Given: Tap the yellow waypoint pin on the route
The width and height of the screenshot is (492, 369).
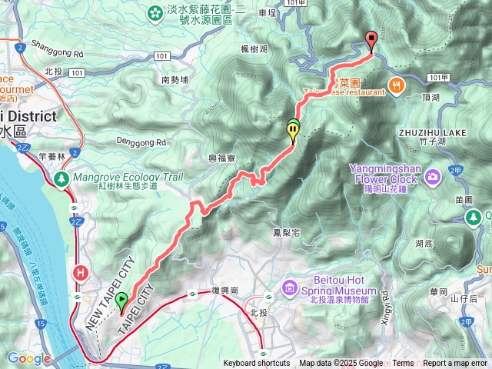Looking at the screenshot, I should pyautogui.click(x=293, y=131).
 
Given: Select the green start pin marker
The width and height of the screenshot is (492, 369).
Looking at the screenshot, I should pyautogui.click(x=121, y=304).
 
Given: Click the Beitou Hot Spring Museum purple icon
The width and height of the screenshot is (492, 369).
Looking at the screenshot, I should pyautogui.click(x=290, y=288).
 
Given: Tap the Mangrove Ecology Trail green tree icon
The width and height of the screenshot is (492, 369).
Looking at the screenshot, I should pyautogui.click(x=61, y=178).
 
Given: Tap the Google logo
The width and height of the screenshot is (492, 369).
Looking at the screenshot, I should pyautogui.click(x=29, y=358).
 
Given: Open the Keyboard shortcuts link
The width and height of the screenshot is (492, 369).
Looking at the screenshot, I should pyautogui.click(x=257, y=364).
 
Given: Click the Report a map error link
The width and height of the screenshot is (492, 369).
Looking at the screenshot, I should pyautogui.click(x=456, y=364).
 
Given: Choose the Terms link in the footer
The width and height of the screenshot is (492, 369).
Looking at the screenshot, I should pyautogui.click(x=403, y=364).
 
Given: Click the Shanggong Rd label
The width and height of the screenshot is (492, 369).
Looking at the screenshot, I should pyautogui.click(x=58, y=55).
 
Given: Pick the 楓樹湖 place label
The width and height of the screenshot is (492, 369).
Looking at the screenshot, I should pyautogui.click(x=253, y=49).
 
